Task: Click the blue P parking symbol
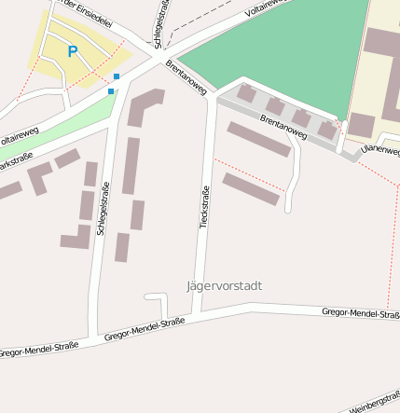pos(72,51)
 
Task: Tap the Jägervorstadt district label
pos(225,285)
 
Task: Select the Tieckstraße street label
pos(205,207)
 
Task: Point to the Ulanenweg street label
pos(379,148)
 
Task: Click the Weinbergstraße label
pos(375,403)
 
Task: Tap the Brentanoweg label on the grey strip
pos(283,127)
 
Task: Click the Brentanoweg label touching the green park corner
pos(185,76)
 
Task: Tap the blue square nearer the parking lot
pos(117,76)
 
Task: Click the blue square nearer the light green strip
pos(111,91)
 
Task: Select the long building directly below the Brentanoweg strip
pos(259,139)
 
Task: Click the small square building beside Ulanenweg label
pos(360,125)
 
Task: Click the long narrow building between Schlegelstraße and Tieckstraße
pos(131,166)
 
